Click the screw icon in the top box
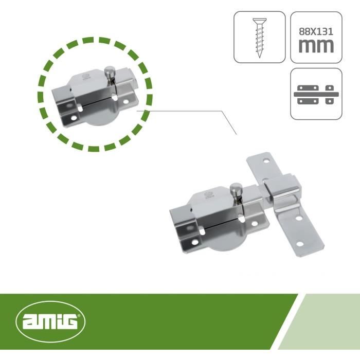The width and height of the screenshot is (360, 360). tap(259, 38)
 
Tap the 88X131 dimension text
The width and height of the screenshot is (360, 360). tap(316, 32)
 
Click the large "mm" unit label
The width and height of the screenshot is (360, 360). tap(316, 46)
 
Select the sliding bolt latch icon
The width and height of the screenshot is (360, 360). tap(316, 94)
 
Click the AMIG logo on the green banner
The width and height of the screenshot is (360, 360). tap(50, 321)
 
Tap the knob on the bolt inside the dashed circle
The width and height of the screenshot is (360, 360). tap(110, 73)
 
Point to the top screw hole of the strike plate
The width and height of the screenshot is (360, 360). tap(266, 160)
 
